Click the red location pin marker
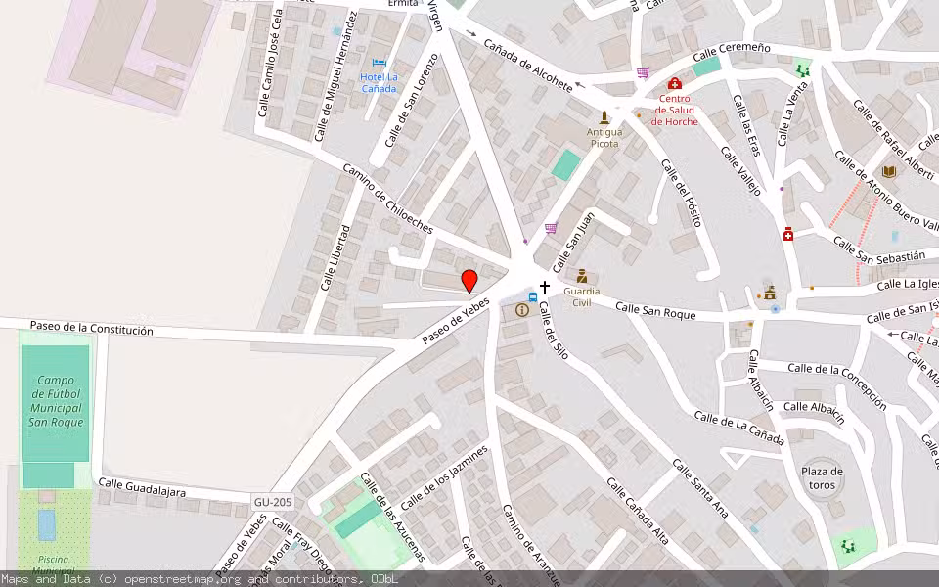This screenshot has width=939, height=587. coord(469,281)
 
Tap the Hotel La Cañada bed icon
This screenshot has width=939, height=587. coord(379,64)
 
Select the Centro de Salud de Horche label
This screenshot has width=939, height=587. coord(674,110)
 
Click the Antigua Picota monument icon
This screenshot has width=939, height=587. coord(604,116)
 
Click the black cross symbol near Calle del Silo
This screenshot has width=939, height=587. coord(545,288)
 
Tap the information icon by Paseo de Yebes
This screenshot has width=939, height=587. coord(522,310)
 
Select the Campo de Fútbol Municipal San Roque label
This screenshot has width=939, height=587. coord(56,401)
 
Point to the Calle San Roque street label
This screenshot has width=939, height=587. coord(655,311)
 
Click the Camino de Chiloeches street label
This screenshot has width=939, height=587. coord(387,199)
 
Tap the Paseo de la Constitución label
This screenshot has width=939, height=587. coord(91,329)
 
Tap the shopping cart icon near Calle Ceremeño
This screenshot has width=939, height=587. coord(643,72)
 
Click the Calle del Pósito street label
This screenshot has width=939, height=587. coord(682,192)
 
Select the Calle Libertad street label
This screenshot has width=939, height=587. coord(335,258)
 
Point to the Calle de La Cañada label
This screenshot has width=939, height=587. coord(738,429)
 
